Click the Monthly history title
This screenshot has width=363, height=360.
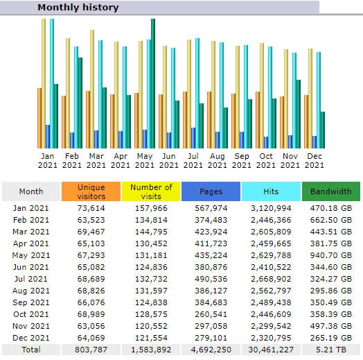[x=78, y=8]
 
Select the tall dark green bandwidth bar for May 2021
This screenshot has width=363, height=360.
[x=153, y=83]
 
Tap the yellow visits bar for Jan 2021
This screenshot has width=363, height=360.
[x=44, y=83]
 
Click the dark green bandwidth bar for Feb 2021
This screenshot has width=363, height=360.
[x=80, y=103]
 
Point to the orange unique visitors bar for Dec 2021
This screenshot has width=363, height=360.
[x=306, y=121]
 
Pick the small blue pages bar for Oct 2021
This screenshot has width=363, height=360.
[x=266, y=143]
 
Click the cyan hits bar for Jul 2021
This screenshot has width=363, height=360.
[x=197, y=93]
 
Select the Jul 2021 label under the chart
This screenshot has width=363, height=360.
[x=193, y=160]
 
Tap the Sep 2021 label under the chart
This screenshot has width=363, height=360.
[x=242, y=160]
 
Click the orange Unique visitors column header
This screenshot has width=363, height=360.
[x=91, y=191]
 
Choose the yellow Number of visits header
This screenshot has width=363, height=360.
[x=151, y=191]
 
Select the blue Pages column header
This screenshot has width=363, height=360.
[x=211, y=191]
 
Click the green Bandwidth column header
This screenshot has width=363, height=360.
[x=331, y=191]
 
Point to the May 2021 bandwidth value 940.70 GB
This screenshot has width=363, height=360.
[x=331, y=255]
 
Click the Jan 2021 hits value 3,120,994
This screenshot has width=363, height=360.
[x=271, y=208]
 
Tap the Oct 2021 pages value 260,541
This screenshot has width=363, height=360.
[x=211, y=314]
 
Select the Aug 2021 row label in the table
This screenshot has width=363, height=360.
[x=31, y=291]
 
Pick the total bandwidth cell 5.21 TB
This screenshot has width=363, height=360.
[x=331, y=350]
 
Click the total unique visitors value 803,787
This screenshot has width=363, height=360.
[x=91, y=350]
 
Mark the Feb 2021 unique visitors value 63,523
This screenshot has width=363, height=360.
[x=91, y=220]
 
